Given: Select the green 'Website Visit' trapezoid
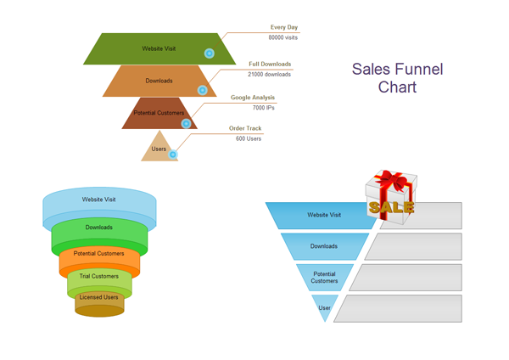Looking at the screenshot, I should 159,49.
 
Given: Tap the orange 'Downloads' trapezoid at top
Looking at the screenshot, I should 159,82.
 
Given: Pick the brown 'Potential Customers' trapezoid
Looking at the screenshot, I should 159,114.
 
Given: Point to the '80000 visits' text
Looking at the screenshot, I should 283,38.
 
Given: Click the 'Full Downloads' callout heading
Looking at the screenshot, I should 270,65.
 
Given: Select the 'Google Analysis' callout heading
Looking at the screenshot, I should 253,98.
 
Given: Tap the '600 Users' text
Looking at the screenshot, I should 249,138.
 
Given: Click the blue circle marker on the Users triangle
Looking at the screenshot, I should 173,155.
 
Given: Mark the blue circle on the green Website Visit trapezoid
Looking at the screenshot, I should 210,53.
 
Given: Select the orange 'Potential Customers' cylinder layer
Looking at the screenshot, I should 99,256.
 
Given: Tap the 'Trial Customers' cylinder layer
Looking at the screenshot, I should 99,278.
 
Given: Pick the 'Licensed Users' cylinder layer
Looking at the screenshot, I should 99,298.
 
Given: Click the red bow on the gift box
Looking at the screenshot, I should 392,180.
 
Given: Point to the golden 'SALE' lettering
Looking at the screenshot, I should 391,207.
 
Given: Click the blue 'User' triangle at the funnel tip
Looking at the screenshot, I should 325,308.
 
